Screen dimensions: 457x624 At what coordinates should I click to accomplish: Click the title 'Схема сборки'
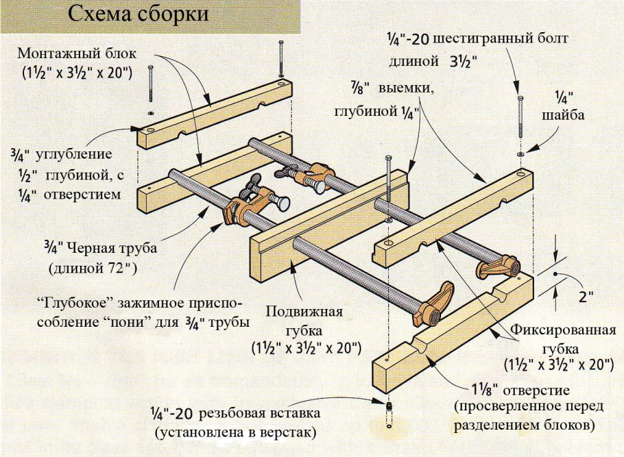tap(140, 15)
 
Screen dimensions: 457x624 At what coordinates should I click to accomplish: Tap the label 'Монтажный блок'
tap(77, 53)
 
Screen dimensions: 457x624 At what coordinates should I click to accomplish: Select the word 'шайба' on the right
tap(562, 115)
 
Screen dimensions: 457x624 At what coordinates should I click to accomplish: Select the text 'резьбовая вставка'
tap(260, 414)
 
